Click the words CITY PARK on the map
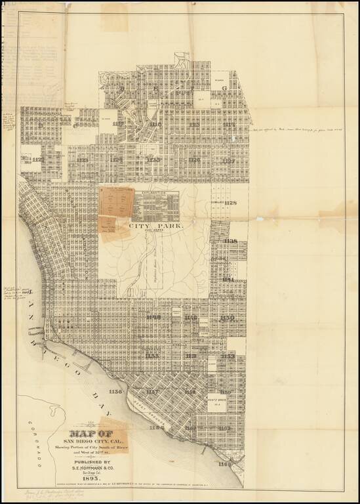click(156, 226)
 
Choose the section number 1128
click(230, 203)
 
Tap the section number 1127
click(228, 160)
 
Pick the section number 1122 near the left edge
click(39, 159)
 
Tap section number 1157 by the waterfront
click(152, 392)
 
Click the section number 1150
click(228, 318)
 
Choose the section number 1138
click(230, 241)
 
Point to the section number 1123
click(82, 160)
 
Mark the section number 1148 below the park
click(153, 318)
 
